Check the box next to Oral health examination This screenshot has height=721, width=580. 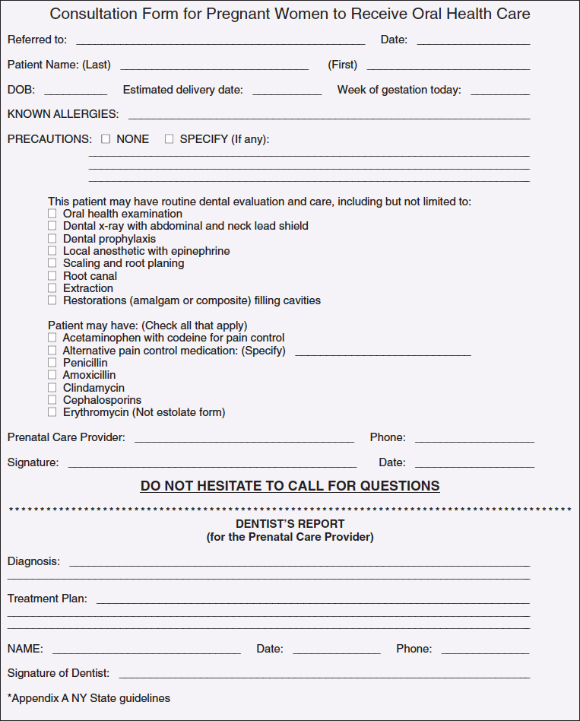click(x=52, y=214)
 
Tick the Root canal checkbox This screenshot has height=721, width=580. click(x=52, y=276)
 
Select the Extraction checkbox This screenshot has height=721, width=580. click(x=52, y=288)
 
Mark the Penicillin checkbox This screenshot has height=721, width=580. click(x=52, y=363)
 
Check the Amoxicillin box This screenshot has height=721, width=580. click(x=52, y=375)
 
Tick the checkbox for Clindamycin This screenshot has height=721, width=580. click(x=52, y=388)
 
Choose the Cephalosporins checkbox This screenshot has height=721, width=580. click(x=52, y=400)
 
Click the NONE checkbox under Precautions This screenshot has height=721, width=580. click(x=106, y=139)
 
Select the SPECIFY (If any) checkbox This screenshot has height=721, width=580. click(x=169, y=139)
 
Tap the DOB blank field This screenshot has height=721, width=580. click(x=75, y=91)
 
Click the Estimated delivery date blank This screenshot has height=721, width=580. click(x=287, y=91)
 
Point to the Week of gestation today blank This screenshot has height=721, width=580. click(x=499, y=91)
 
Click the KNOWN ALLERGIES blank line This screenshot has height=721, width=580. click(x=328, y=115)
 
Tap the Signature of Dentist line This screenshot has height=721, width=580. click(x=324, y=674)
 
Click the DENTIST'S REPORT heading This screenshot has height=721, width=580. click(x=290, y=524)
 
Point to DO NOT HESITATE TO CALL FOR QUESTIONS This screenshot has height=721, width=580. click(x=290, y=486)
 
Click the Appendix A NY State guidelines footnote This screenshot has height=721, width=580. click(x=89, y=698)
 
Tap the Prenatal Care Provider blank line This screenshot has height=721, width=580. click(x=244, y=438)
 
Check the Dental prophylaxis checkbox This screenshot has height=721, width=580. click(x=52, y=239)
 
